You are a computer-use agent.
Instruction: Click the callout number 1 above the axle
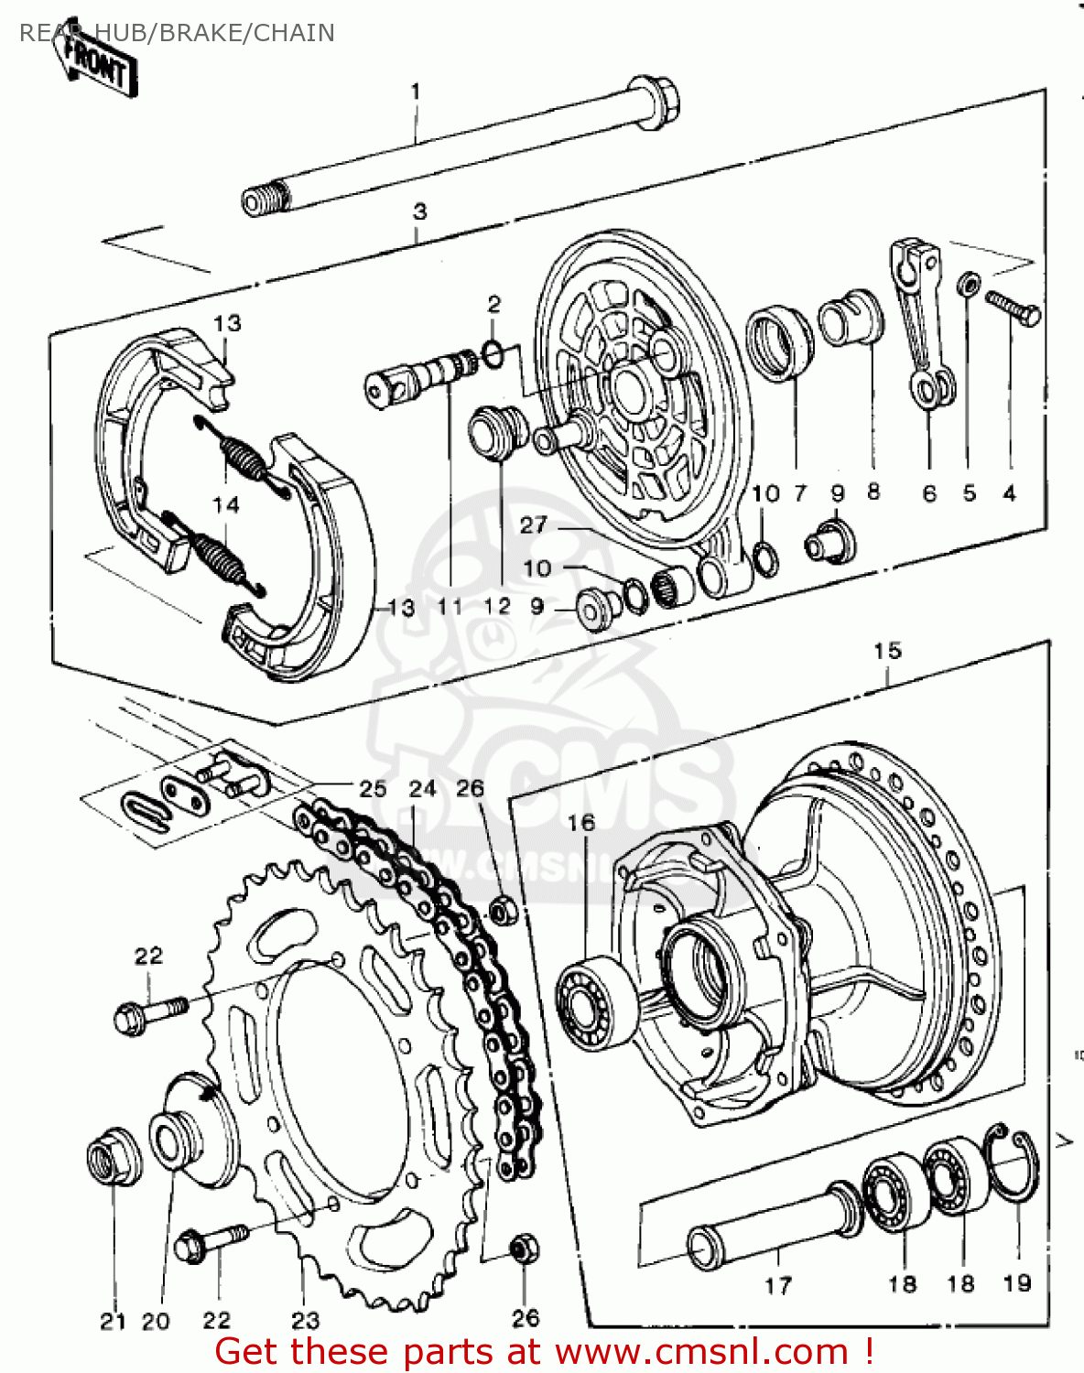[x=416, y=92]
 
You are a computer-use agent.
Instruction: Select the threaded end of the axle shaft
[x=266, y=200]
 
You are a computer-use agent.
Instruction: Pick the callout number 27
[x=533, y=525]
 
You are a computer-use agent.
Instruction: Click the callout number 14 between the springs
[x=225, y=504]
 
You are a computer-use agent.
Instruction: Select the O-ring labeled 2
[x=492, y=351]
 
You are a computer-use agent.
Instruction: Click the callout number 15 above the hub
[x=887, y=651]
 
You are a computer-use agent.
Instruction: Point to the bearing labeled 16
[x=595, y=1001]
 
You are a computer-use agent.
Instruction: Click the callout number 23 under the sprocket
[x=306, y=1320]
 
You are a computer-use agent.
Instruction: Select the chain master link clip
[x=145, y=812]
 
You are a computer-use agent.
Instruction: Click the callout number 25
[x=373, y=788]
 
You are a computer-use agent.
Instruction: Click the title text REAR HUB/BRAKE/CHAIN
[x=177, y=33]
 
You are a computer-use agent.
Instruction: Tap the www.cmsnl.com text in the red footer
[x=701, y=1352]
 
